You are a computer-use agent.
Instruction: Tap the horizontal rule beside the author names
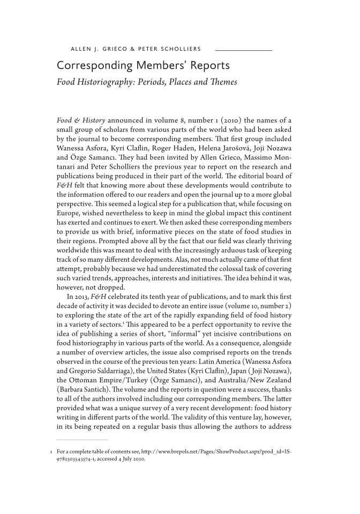pos(243,50)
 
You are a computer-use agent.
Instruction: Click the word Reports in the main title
pos(207,66)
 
